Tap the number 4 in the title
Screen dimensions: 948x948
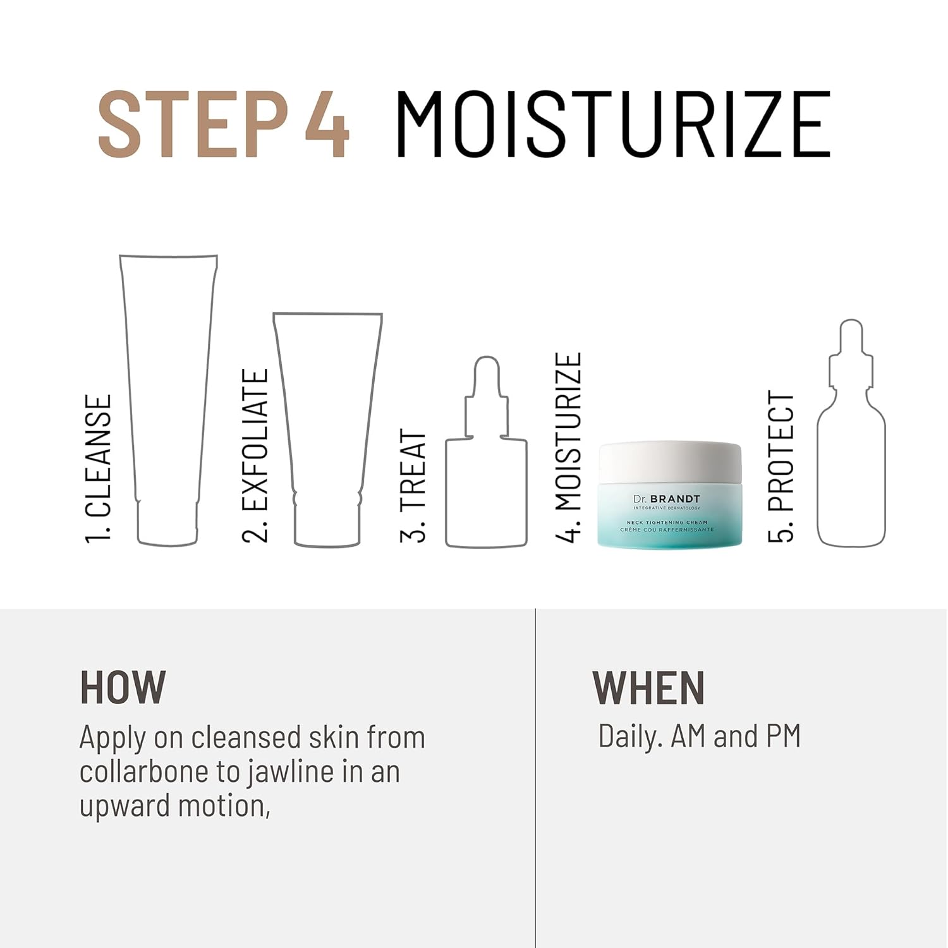tap(327, 124)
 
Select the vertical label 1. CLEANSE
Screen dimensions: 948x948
tap(99, 469)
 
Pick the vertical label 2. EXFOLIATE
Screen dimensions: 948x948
tap(256, 456)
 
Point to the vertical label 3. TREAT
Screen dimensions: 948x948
tap(413, 486)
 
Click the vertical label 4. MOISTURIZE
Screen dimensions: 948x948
tap(568, 447)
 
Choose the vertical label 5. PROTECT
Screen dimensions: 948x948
tap(781, 467)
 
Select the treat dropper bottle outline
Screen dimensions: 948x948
tap(447, 493)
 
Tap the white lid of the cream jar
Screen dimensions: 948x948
tap(670, 461)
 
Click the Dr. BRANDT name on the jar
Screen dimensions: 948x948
tap(667, 499)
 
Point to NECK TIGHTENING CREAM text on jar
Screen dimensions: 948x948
tap(667, 523)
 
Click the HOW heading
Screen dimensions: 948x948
tap(123, 688)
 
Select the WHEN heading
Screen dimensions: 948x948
tap(648, 688)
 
